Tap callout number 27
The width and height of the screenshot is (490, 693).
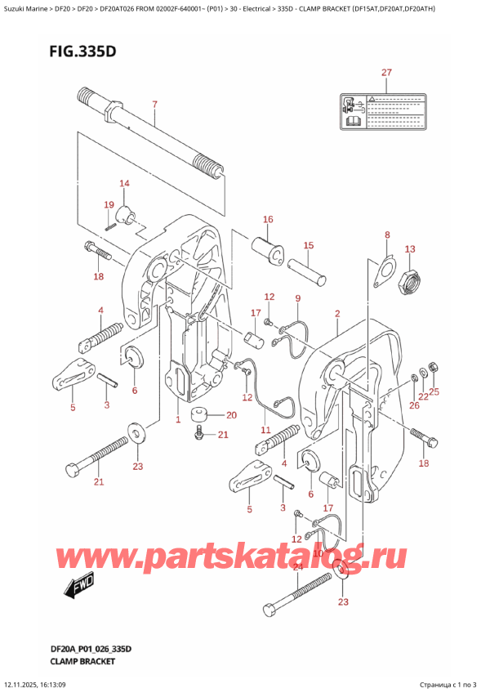(386, 73)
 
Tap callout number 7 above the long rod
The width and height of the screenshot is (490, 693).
(154, 104)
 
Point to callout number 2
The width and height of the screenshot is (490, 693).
(336, 313)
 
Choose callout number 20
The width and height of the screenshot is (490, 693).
(231, 415)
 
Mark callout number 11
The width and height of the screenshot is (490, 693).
(265, 430)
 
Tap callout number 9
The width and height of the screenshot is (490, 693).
(298, 298)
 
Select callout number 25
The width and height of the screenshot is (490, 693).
(434, 391)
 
